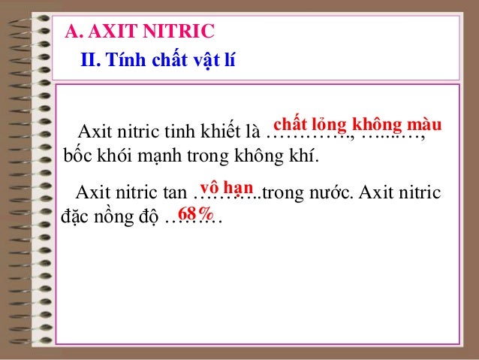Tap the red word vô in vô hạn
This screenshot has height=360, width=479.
coord(209,187)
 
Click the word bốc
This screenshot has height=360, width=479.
coord(74,158)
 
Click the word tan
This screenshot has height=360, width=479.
coord(176,193)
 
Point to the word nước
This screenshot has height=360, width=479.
coord(330,193)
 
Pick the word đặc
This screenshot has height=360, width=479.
coord(73,218)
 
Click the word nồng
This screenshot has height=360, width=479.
coord(110,218)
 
